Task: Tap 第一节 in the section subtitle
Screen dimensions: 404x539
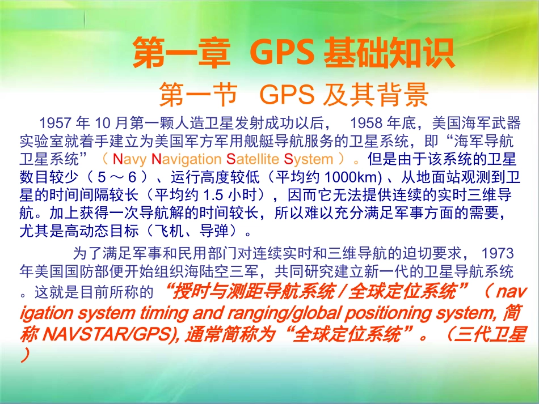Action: pyautogui.click(x=197, y=95)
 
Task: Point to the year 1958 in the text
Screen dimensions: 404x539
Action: pyautogui.click(x=368, y=123)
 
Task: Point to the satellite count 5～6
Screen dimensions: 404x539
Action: pyautogui.click(x=113, y=177)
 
